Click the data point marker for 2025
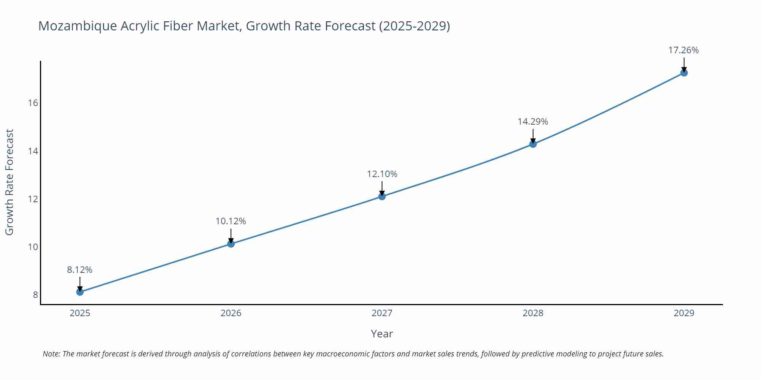[x=80, y=292]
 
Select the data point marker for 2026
[x=231, y=244]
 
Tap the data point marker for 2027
[x=382, y=196]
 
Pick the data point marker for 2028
[x=533, y=144]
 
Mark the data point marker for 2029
[x=684, y=73]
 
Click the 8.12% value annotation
[x=80, y=270]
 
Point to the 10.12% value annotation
[x=231, y=221]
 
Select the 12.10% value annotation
[x=382, y=174]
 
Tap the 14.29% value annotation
[x=533, y=122]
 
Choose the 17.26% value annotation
[x=684, y=50]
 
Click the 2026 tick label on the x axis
[x=231, y=313]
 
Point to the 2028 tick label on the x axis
[x=533, y=313]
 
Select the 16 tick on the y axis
[x=33, y=103]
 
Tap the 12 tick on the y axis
[x=33, y=199]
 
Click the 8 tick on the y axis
[x=35, y=295]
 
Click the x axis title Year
[x=382, y=334]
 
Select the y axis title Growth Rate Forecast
[x=10, y=182]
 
